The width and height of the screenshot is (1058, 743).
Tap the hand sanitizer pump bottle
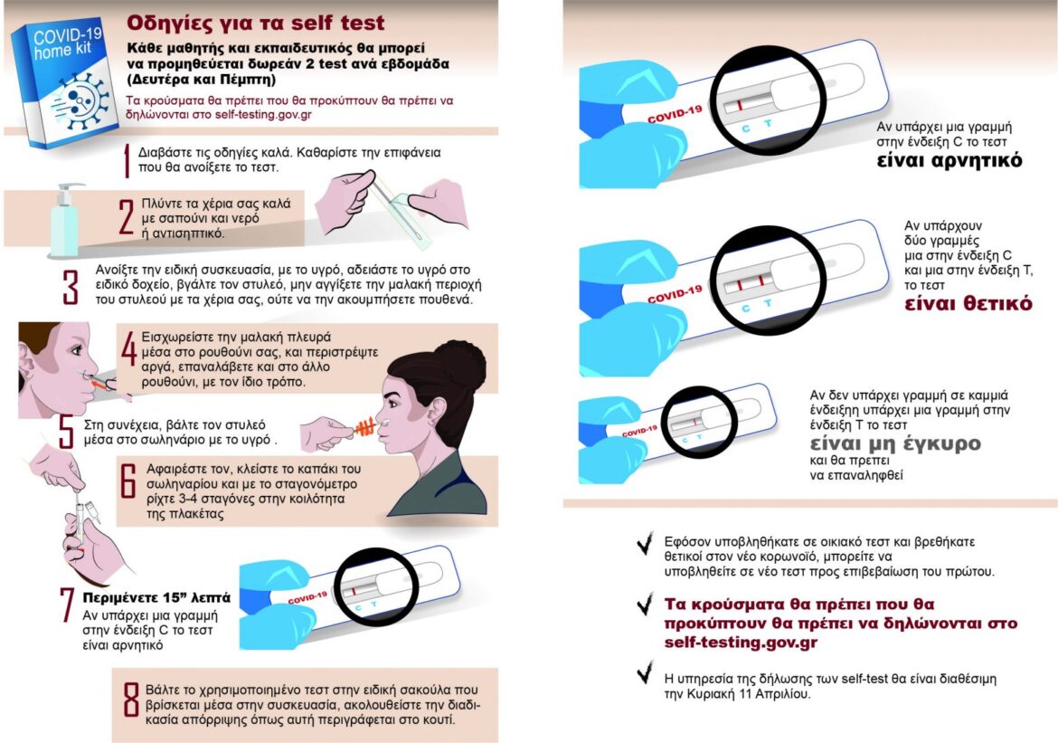coord(66,220)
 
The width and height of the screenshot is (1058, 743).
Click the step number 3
coord(71,287)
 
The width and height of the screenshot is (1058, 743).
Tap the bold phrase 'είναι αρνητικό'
coord(949,161)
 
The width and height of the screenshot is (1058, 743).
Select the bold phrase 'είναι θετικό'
coord(968,303)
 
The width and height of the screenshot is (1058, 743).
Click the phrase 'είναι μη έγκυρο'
coord(895,443)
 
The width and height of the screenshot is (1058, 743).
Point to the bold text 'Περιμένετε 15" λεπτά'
coord(156,598)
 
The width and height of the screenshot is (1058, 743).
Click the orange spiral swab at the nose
coord(365,426)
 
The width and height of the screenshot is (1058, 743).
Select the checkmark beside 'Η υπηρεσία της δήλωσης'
coord(646,672)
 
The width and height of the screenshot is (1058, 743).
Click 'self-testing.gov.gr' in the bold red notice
coord(741,643)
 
